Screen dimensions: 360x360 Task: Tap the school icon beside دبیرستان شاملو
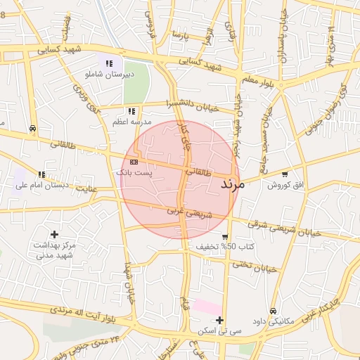tap(108, 63)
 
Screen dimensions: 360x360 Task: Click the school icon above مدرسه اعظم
tap(131, 111)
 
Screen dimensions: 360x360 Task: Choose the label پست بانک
tap(132, 172)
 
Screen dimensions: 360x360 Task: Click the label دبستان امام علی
tap(46, 186)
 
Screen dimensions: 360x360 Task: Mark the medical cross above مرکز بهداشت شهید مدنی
tap(54, 234)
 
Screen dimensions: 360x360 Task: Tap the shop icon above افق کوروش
tap(285, 174)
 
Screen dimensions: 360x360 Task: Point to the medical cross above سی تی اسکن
tap(220, 320)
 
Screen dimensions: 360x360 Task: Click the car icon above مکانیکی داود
tap(273, 311)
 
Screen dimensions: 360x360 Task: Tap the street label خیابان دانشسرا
tap(193, 105)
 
